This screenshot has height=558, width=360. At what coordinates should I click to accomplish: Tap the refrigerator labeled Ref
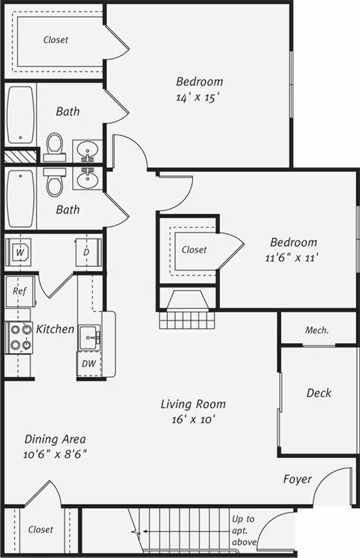pyautogui.click(x=21, y=292)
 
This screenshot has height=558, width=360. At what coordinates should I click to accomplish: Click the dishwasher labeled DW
pyautogui.click(x=89, y=363)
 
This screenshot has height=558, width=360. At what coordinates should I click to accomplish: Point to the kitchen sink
pyautogui.click(x=90, y=337)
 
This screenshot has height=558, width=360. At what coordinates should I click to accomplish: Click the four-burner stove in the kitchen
pyautogui.click(x=19, y=337)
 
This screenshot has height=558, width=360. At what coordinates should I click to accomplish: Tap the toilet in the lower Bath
pyautogui.click(x=55, y=181)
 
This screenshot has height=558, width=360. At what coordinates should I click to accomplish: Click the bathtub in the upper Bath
pyautogui.click(x=21, y=114)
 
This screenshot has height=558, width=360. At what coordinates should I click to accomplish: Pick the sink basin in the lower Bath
pyautogui.click(x=87, y=178)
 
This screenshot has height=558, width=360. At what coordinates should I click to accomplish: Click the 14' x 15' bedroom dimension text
pyautogui.click(x=196, y=97)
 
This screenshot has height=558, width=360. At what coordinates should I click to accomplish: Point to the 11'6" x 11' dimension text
pyautogui.click(x=291, y=258)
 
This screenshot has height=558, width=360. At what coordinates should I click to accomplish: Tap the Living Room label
pyautogui.click(x=193, y=404)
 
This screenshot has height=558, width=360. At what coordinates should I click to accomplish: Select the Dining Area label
pyautogui.click(x=55, y=439)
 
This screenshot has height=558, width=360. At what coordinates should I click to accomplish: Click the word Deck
pyautogui.click(x=319, y=393)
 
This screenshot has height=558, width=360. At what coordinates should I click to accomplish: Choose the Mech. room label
pyautogui.click(x=317, y=330)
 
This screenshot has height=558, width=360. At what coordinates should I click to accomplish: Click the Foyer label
pyautogui.click(x=297, y=479)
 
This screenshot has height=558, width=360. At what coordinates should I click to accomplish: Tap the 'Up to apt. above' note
pyautogui.click(x=244, y=530)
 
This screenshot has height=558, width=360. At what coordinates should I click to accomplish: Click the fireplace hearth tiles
pyautogui.click(x=187, y=320)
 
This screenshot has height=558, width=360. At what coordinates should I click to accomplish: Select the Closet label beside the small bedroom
pyautogui.click(x=194, y=250)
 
